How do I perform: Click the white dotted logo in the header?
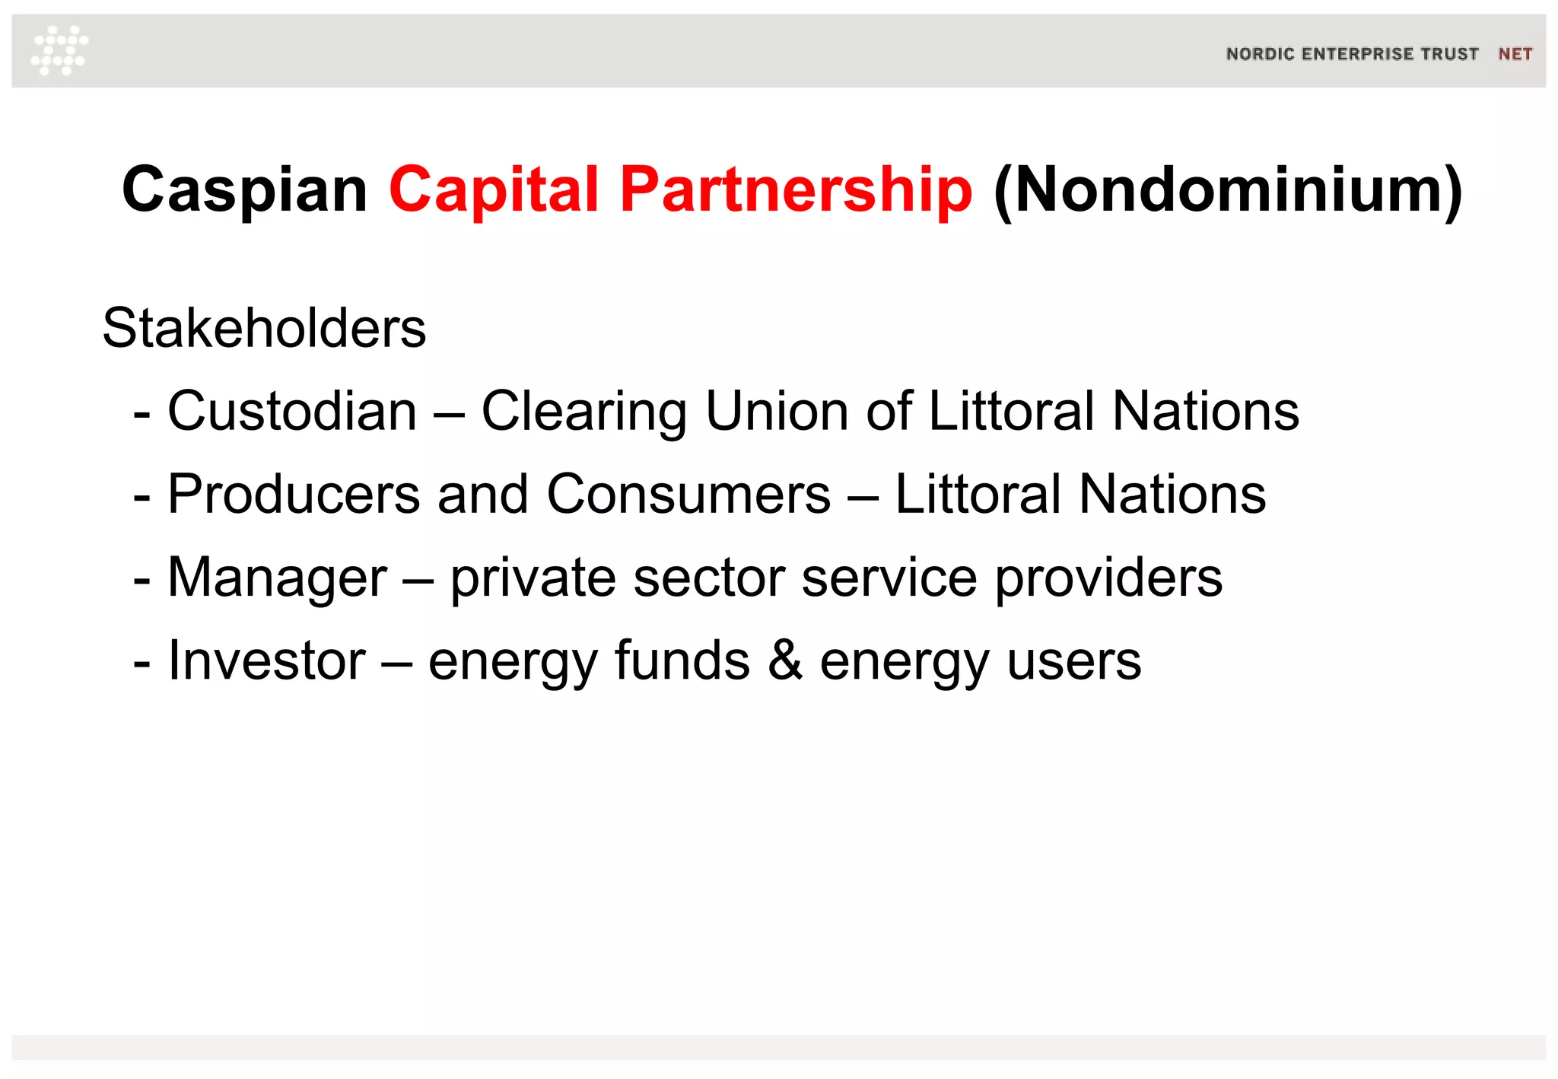[x=59, y=50]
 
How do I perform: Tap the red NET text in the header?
[x=1515, y=54]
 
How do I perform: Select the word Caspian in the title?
[x=245, y=189]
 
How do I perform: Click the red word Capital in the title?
[x=494, y=189]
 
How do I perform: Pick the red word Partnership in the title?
[x=796, y=189]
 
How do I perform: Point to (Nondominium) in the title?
[x=1228, y=189]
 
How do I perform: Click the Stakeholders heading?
[x=264, y=329]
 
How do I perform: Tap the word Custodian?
[x=292, y=412]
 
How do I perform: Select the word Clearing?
[x=583, y=412]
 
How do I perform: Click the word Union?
[x=777, y=412]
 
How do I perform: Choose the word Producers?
[x=294, y=495]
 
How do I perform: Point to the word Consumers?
[x=688, y=495]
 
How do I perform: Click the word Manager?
[x=277, y=578]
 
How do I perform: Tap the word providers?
[x=1108, y=578]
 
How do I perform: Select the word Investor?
[x=266, y=660]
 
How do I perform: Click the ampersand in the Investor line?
[x=785, y=660]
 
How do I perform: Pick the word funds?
[x=682, y=660]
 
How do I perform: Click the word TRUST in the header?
[x=1449, y=54]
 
